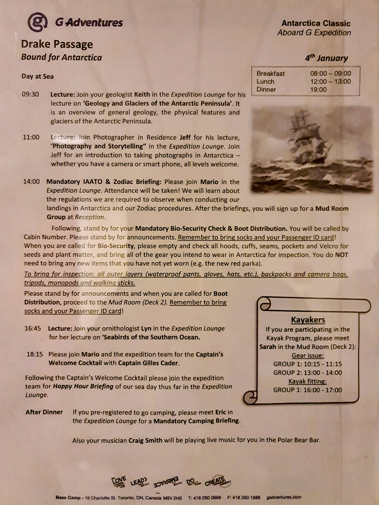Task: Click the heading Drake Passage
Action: pyautogui.click(x=56, y=44)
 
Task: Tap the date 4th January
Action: pyautogui.click(x=326, y=57)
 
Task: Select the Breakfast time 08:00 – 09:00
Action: pyautogui.click(x=330, y=74)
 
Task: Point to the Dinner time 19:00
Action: pyautogui.click(x=318, y=89)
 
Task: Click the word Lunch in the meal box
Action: pyautogui.click(x=265, y=82)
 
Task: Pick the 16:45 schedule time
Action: pyautogui.click(x=33, y=328)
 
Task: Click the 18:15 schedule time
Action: pyautogui.click(x=35, y=354)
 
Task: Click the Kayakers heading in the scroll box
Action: pyautogui.click(x=308, y=320)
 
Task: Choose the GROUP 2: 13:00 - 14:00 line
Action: pyautogui.click(x=308, y=372)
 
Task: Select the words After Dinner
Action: pyautogui.click(x=44, y=412)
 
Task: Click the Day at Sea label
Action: pyautogui.click(x=37, y=76)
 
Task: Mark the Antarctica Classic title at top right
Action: pyautogui.click(x=316, y=23)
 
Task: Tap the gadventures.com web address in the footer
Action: pyautogui.click(x=284, y=497)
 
